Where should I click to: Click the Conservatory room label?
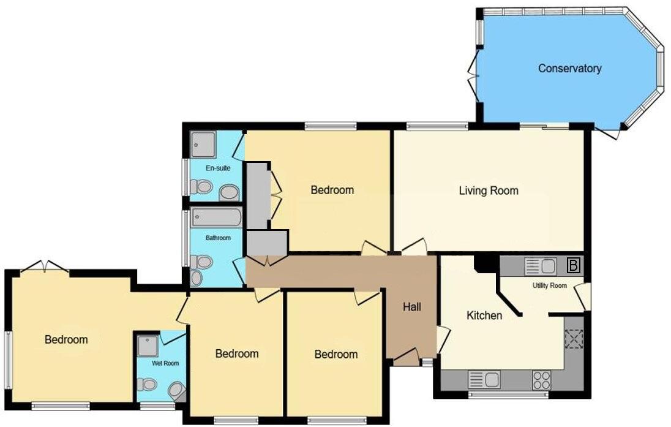(x=569, y=69)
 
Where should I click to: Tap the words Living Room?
(x=489, y=191)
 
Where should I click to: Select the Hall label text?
(x=412, y=307)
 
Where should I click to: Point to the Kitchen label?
(x=484, y=316)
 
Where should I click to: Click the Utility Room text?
(x=549, y=285)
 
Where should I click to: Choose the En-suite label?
(x=217, y=168)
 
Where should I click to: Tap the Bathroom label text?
(x=217, y=238)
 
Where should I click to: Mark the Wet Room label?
(x=165, y=363)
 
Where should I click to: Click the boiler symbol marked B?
(x=574, y=266)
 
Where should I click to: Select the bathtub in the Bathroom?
(x=217, y=217)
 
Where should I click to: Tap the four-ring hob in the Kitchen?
(x=541, y=380)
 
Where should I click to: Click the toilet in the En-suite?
(x=201, y=186)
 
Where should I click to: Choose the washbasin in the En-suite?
(x=229, y=193)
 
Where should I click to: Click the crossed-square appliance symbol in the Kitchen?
(x=574, y=339)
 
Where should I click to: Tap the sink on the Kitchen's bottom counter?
(x=484, y=380)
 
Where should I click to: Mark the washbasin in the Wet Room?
(x=176, y=390)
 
